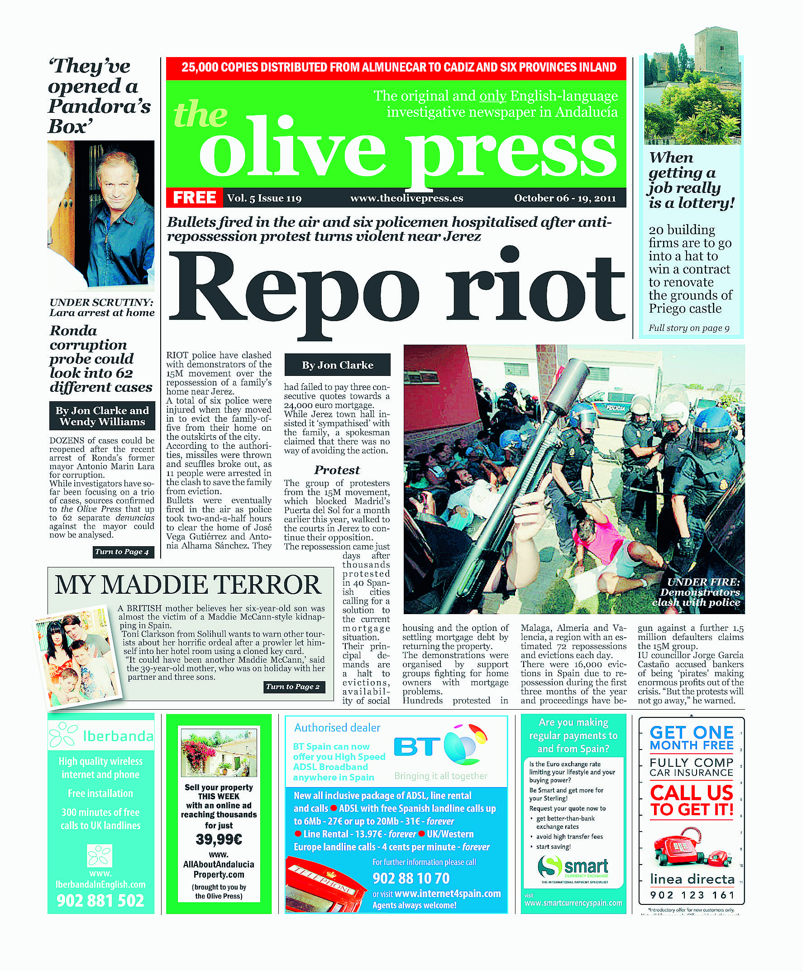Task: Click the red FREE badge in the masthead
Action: pyautogui.click(x=194, y=197)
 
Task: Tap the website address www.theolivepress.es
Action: pyautogui.click(x=406, y=198)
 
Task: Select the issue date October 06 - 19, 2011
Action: pyautogui.click(x=564, y=198)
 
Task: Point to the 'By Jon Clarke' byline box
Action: pyautogui.click(x=337, y=365)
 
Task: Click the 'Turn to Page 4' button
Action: pyautogui.click(x=122, y=551)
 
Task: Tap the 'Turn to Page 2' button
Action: pyautogui.click(x=292, y=686)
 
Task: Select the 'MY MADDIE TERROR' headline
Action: pyautogui.click(x=187, y=585)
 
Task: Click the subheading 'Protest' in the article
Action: pyautogui.click(x=337, y=470)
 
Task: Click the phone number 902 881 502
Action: pyautogui.click(x=100, y=900)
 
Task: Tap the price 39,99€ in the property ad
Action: pyautogui.click(x=219, y=839)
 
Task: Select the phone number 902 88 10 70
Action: pyautogui.click(x=411, y=878)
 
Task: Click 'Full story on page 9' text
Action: pyautogui.click(x=688, y=328)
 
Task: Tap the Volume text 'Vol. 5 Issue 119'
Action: pyautogui.click(x=264, y=198)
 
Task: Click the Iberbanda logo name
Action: pyautogui.click(x=117, y=736)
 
